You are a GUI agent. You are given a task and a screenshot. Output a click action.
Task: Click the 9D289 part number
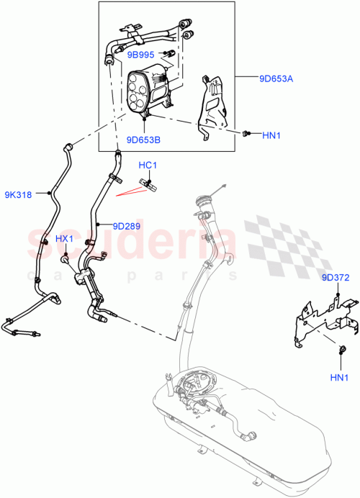126,226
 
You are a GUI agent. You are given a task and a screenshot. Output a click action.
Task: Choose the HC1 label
148,166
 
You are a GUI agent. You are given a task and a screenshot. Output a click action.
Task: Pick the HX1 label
65,238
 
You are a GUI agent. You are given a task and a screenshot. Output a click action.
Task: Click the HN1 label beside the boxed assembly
272,135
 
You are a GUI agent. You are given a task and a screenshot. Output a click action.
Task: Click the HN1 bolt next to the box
247,133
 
